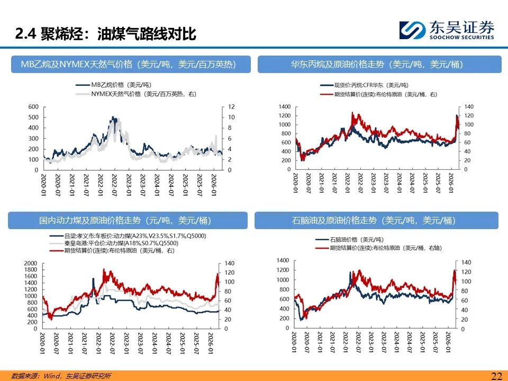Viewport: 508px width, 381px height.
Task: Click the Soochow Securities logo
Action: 447,30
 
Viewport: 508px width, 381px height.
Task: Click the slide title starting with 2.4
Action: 106,34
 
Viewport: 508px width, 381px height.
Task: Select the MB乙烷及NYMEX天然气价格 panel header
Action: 128,65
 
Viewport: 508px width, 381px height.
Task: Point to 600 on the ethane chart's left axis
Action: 33,106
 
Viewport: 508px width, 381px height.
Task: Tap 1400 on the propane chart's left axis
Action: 285,107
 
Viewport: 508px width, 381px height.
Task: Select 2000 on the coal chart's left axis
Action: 30,263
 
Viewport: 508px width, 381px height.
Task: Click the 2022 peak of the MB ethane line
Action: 112,118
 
